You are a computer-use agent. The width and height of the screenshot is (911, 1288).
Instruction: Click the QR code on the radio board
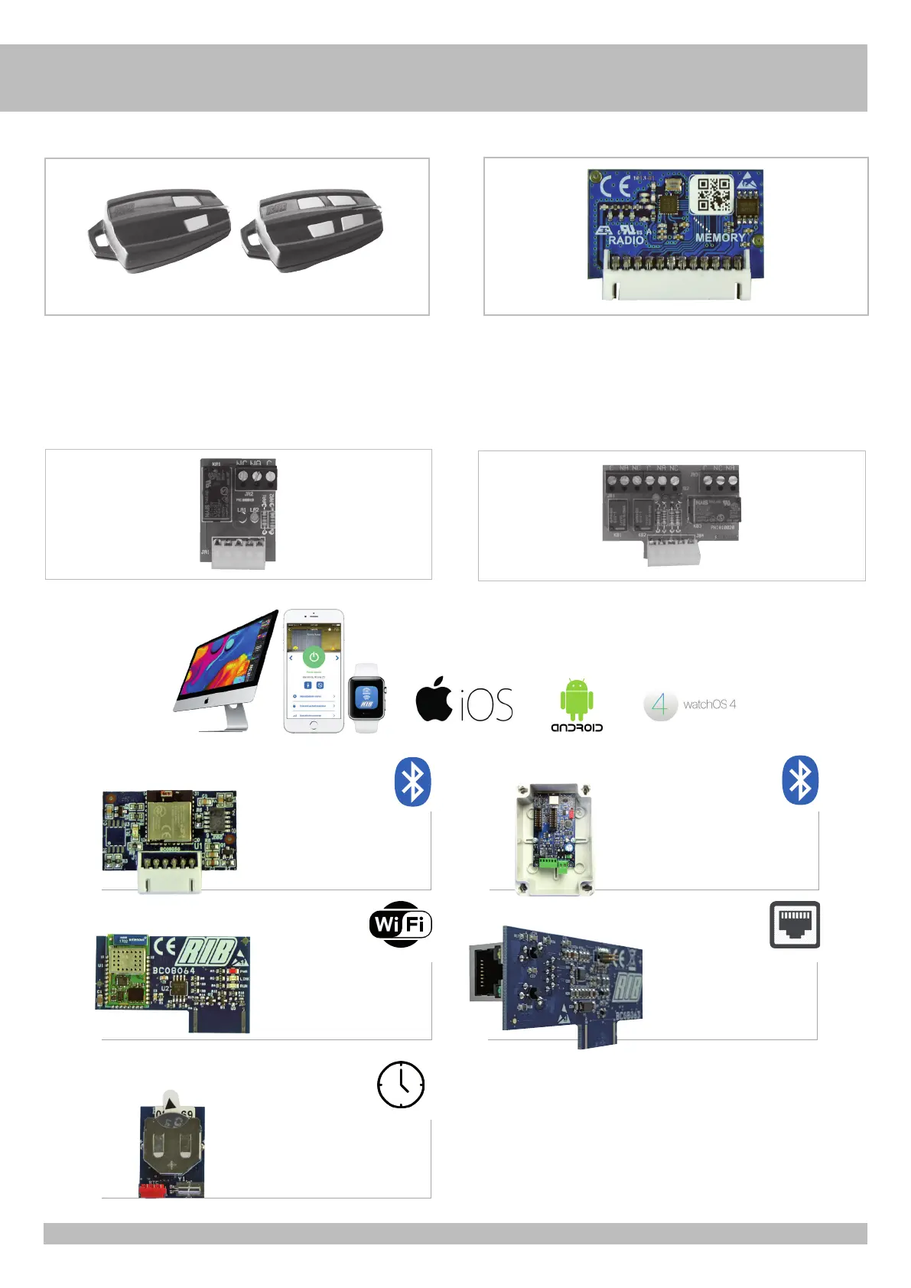point(712,194)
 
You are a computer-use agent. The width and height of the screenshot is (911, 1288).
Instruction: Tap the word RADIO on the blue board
point(626,240)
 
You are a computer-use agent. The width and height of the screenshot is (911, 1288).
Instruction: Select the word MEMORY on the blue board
point(719,238)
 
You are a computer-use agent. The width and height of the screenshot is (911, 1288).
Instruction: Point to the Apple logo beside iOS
point(434,699)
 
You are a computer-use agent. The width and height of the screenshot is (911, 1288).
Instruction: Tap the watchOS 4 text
point(709,704)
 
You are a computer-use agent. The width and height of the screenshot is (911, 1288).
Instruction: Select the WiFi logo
point(400,925)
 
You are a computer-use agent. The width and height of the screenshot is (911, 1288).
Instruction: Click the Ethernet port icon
point(795,925)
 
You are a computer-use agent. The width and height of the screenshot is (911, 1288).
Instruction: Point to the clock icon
point(401,1085)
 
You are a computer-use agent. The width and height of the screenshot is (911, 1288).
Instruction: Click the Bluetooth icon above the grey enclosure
point(800,781)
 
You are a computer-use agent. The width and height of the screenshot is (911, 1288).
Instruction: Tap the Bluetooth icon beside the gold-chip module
point(413,782)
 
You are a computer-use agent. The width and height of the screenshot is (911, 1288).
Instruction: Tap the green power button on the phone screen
point(314,657)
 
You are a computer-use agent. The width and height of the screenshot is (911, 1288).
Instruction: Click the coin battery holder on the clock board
point(173,1144)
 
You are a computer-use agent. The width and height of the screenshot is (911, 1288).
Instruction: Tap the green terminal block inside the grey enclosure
point(553,864)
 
